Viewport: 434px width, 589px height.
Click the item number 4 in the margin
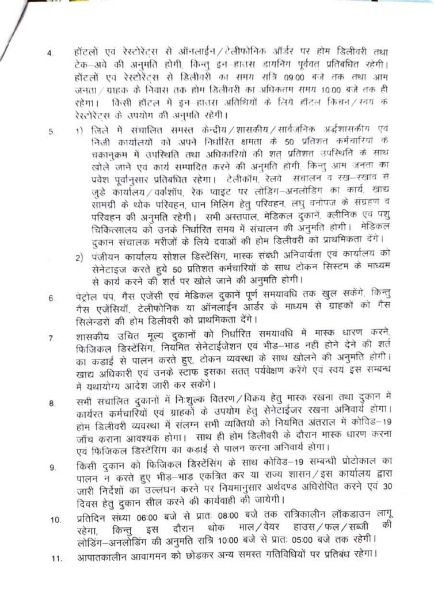click(x=50, y=55)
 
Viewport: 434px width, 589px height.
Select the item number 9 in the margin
click(x=51, y=467)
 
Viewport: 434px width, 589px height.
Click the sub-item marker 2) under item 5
click(x=79, y=255)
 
